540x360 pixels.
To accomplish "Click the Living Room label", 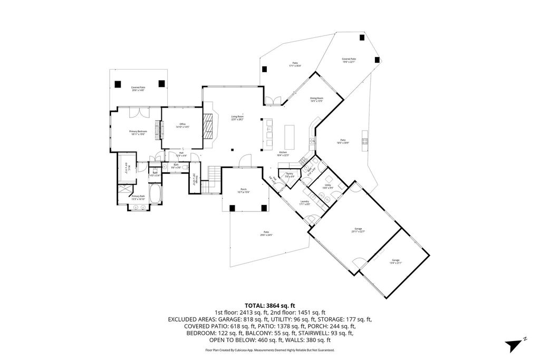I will pos(237,118).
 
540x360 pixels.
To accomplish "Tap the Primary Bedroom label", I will pos(138,132).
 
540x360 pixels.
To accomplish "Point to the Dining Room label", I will pos(316,100).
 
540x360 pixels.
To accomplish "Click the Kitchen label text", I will pos(283,153).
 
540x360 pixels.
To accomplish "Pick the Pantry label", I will pos(290,174).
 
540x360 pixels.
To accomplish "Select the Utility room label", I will pos(327,187).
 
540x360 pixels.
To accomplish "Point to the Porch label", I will pos(244,191).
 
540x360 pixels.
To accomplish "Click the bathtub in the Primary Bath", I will pos(156,196).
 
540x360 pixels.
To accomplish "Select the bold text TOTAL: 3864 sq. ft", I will pos(269,305).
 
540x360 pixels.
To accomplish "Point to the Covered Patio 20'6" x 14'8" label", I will pos(138,89).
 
